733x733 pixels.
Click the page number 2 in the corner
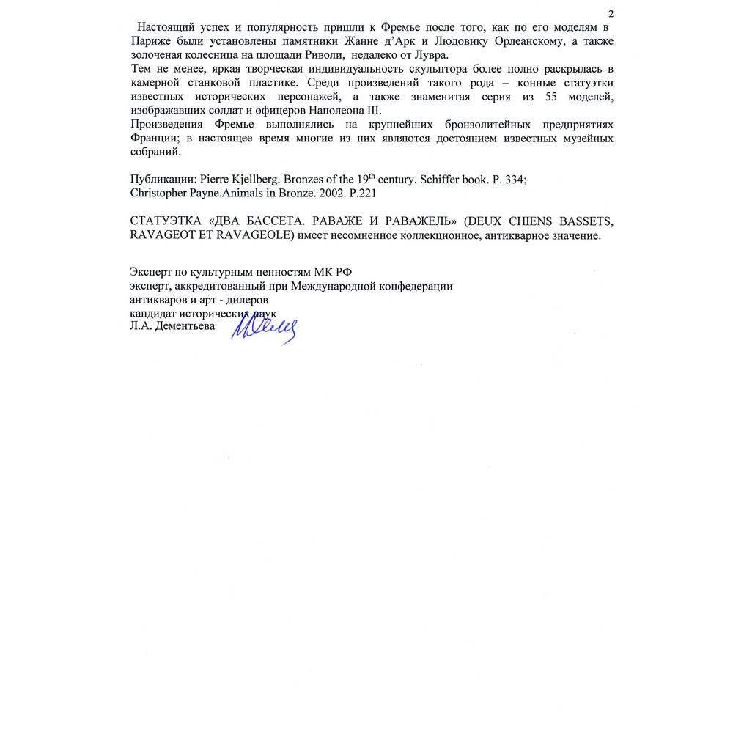(611, 15)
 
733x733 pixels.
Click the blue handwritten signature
(264, 328)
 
